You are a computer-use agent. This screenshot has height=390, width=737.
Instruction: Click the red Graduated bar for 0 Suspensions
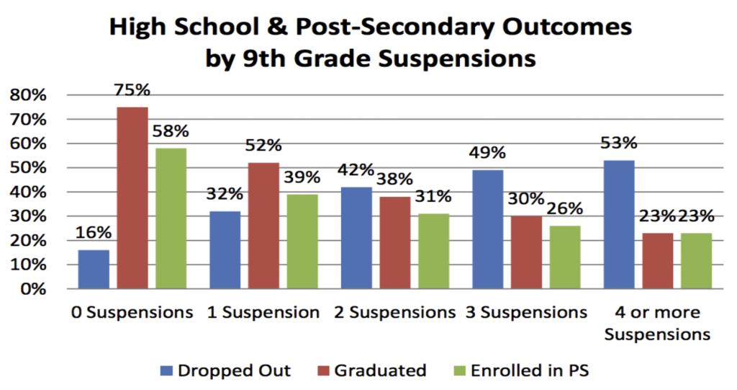132,198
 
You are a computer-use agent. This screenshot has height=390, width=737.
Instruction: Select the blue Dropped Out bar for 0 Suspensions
94,270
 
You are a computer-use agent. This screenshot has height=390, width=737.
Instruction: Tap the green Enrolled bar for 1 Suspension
302,241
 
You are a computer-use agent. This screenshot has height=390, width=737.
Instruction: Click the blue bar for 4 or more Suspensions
619,224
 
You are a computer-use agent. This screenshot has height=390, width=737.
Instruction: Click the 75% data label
132,91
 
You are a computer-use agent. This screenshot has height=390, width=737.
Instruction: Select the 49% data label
487,154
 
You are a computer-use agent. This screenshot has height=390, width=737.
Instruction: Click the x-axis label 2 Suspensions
394,313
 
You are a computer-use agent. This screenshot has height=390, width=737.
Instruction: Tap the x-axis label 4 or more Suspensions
657,323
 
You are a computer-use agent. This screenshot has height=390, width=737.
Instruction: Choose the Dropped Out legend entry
225,371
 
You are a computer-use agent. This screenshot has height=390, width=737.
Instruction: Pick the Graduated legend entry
380,371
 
